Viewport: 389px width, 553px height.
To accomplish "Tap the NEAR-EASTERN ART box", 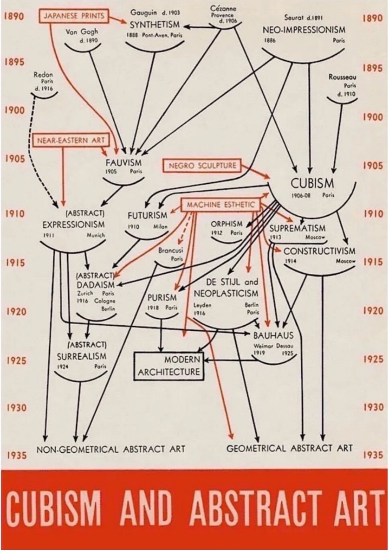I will point(71,140).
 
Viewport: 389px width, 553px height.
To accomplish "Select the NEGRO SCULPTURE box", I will point(202,165).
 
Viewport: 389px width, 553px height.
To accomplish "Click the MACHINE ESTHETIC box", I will point(221,205).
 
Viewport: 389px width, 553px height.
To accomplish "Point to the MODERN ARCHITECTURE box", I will point(169,366).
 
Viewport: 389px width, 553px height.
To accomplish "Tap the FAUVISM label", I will point(123,163).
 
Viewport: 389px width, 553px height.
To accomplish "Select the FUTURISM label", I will point(148,215).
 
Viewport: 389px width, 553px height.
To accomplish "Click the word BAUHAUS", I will point(273,335).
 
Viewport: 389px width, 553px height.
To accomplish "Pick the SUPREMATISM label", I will point(298,228).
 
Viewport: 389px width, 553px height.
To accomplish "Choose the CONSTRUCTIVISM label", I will point(319,251).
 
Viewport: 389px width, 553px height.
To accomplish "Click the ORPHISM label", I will point(227,224).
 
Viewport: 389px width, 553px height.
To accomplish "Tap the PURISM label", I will point(162,297).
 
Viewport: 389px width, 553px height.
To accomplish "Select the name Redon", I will point(43,74).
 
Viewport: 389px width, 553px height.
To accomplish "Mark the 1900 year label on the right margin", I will point(374,117).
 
